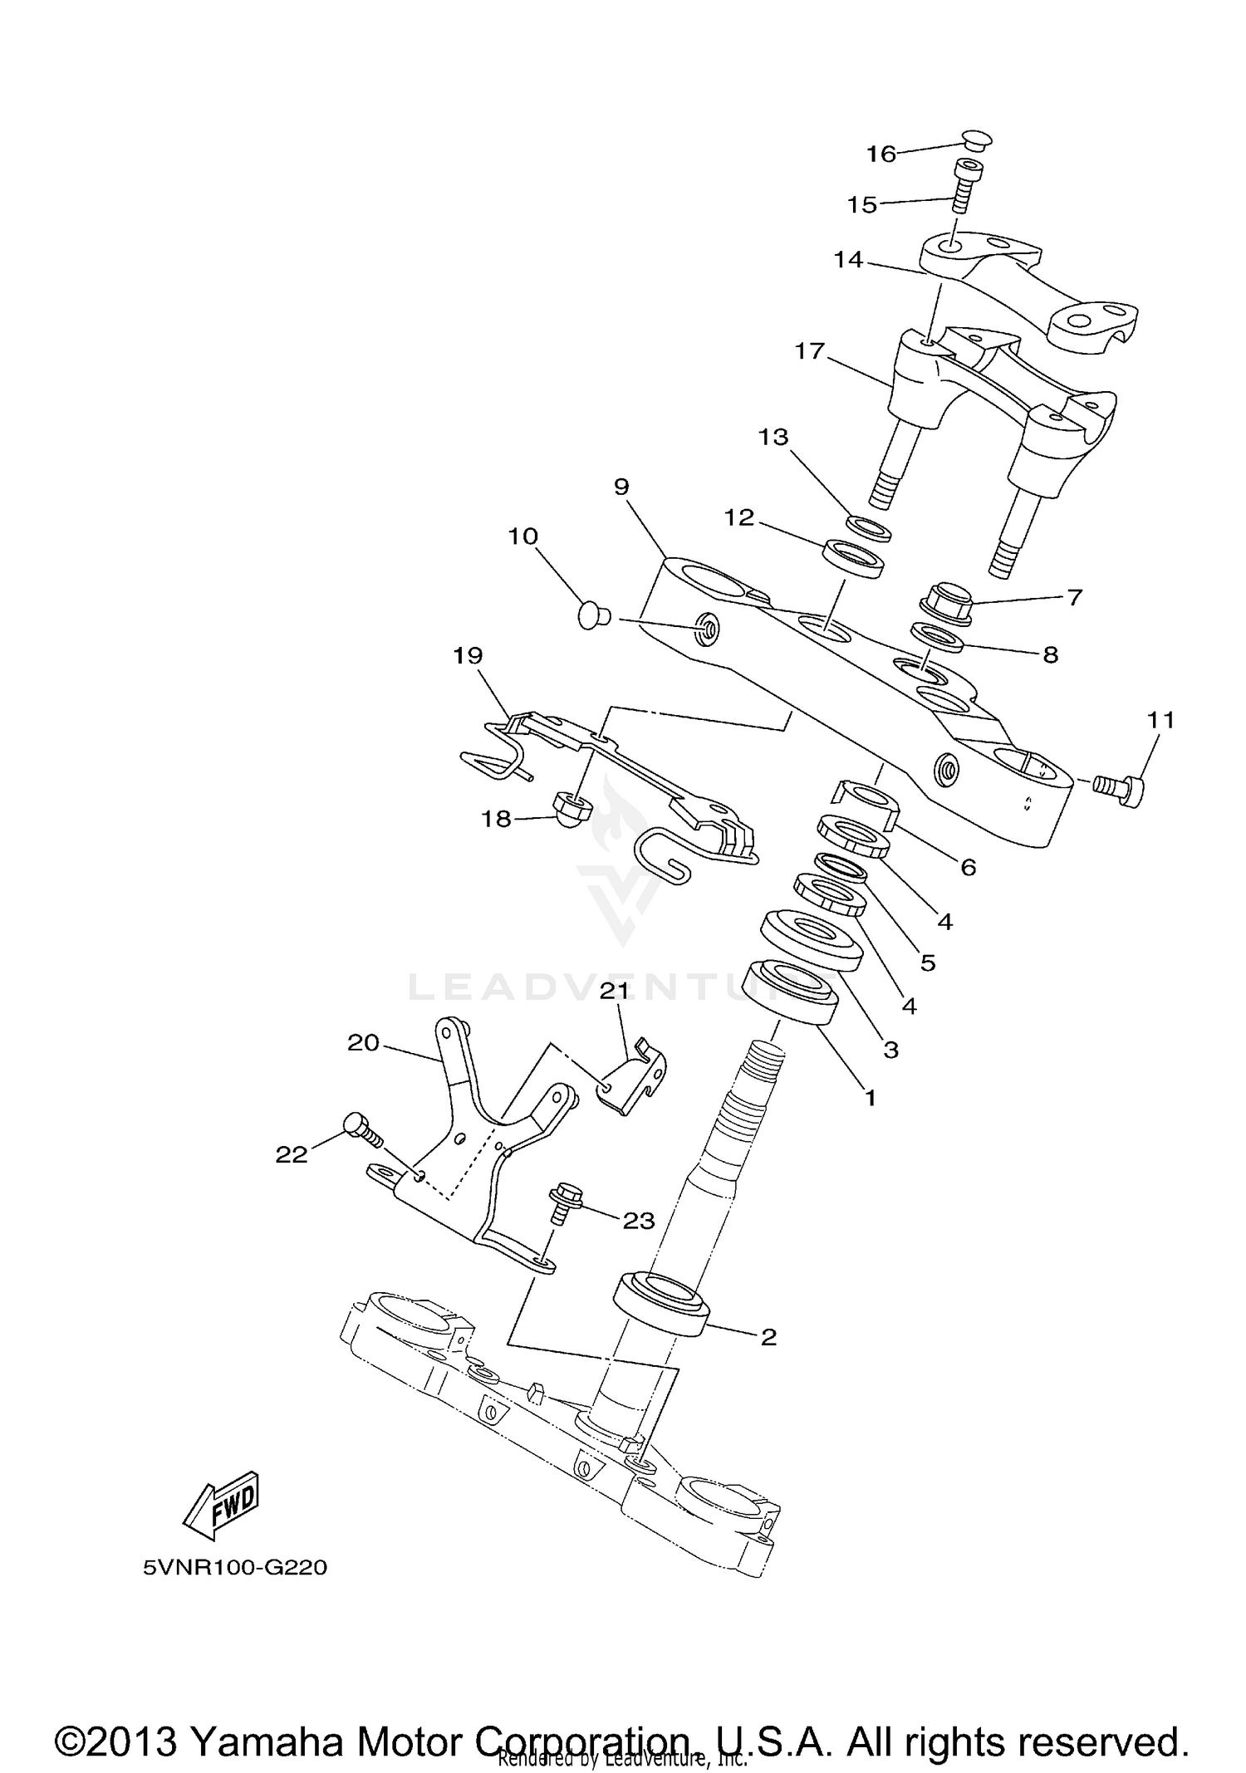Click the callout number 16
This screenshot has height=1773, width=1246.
coord(881,154)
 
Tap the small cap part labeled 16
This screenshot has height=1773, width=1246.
coord(977,140)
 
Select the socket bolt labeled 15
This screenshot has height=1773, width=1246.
coord(964,187)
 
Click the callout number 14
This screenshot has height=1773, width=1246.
coord(849,260)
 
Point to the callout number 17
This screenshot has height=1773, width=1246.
coord(809,351)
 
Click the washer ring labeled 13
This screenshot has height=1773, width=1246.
coord(869,528)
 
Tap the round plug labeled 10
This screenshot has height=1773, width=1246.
coord(591,616)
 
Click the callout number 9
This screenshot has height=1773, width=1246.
coord(622,487)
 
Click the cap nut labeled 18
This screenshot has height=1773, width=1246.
coord(571,805)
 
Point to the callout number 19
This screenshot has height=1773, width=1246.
coord(468,656)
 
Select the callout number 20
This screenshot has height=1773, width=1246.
coord(363,1042)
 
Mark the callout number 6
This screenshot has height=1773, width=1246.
coord(968,867)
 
